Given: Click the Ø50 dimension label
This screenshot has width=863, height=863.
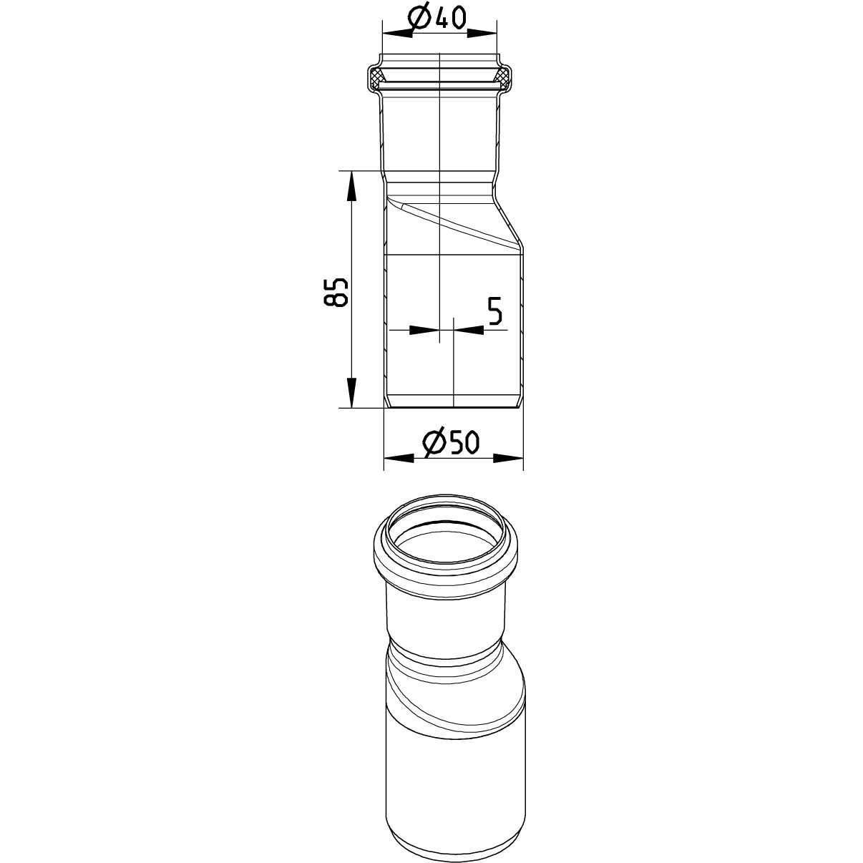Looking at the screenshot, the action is pyautogui.click(x=451, y=442).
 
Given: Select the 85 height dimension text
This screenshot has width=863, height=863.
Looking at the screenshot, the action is pyautogui.click(x=336, y=292).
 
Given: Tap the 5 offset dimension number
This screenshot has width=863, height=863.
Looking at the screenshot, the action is pyautogui.click(x=494, y=311).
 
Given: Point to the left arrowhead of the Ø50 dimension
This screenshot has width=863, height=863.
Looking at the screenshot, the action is pyautogui.click(x=399, y=458).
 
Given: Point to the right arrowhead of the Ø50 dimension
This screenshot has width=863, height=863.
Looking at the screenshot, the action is pyautogui.click(x=508, y=458).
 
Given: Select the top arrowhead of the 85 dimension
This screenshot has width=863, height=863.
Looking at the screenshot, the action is pyautogui.click(x=352, y=185).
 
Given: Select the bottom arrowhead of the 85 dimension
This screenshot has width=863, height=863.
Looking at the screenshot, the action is pyautogui.click(x=352, y=393).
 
